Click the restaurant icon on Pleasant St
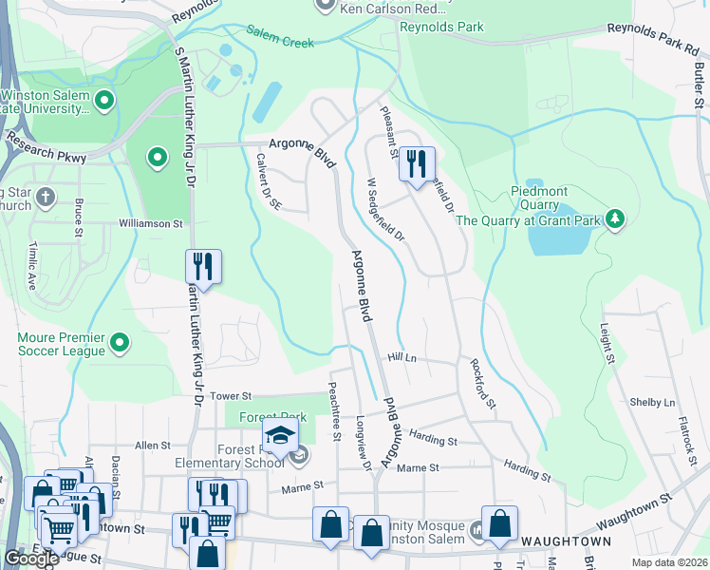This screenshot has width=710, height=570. pyautogui.click(x=416, y=165)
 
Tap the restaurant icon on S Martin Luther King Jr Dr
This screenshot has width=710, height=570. pyautogui.click(x=203, y=266)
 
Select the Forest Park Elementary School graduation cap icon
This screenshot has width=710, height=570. pyautogui.click(x=281, y=436)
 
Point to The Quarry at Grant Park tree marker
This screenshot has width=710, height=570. pyautogui.click(x=615, y=220)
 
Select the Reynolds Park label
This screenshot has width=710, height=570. pyautogui.click(x=441, y=28)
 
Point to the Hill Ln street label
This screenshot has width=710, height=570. pyautogui.click(x=402, y=357)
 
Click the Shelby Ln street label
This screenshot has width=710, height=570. pyautogui.click(x=652, y=402)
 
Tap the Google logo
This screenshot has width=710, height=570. pyautogui.click(x=31, y=559)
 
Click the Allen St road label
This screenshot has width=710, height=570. pyautogui.click(x=153, y=445)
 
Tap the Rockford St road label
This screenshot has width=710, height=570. pyautogui.click(x=482, y=383)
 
